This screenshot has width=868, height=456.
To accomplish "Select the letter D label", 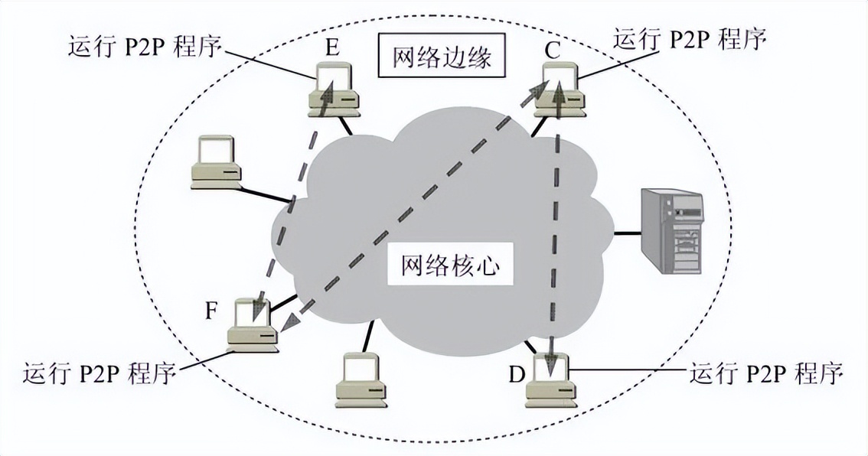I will [x=517, y=375].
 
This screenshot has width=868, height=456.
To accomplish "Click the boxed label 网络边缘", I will [x=442, y=58].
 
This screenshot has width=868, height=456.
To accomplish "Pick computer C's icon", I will [x=557, y=90].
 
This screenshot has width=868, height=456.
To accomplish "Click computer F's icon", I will [x=253, y=324].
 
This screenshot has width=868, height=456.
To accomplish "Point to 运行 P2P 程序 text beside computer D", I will [x=765, y=373].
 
